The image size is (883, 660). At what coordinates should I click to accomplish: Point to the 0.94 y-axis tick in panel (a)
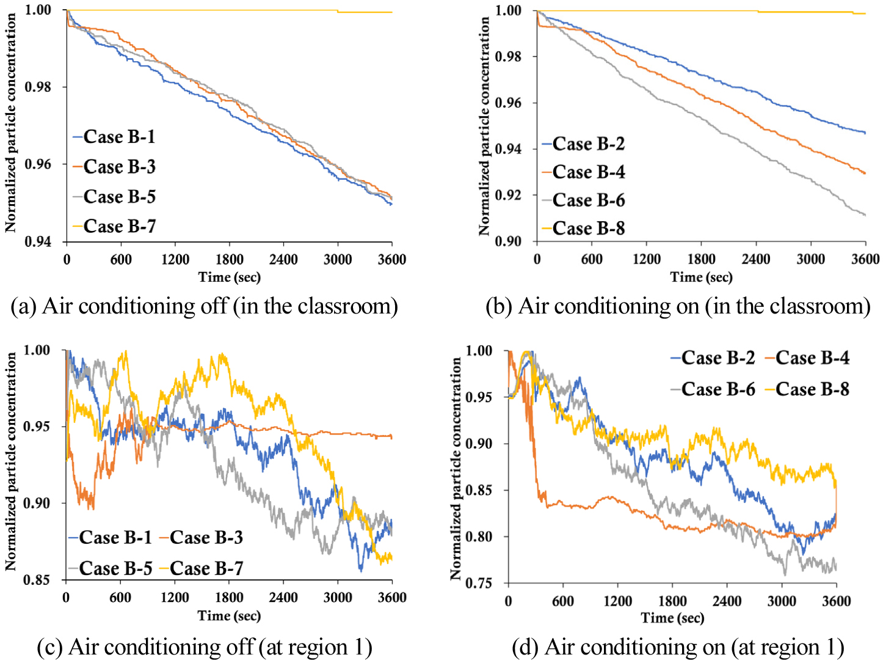38,241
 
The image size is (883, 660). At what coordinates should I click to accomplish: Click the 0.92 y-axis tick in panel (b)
508,196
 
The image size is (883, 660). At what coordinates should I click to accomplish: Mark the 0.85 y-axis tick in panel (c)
37,580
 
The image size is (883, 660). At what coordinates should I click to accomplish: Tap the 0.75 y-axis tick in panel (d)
479,584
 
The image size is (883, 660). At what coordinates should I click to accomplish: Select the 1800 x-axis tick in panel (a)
229,260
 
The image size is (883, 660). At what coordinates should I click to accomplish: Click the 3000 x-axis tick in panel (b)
810,259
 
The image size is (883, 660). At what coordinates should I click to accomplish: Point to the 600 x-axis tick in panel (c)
120,598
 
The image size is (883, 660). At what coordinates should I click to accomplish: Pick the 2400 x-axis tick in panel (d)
727,601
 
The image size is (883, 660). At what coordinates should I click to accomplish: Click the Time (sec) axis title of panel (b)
701,277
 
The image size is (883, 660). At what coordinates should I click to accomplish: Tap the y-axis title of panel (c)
10,462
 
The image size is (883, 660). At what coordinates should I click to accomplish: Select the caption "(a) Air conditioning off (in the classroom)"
204,306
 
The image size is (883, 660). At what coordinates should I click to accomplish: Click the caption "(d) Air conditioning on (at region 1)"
678,647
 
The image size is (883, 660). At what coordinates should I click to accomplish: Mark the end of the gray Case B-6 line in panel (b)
865,215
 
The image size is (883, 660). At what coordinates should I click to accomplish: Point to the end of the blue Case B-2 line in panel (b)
865,133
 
